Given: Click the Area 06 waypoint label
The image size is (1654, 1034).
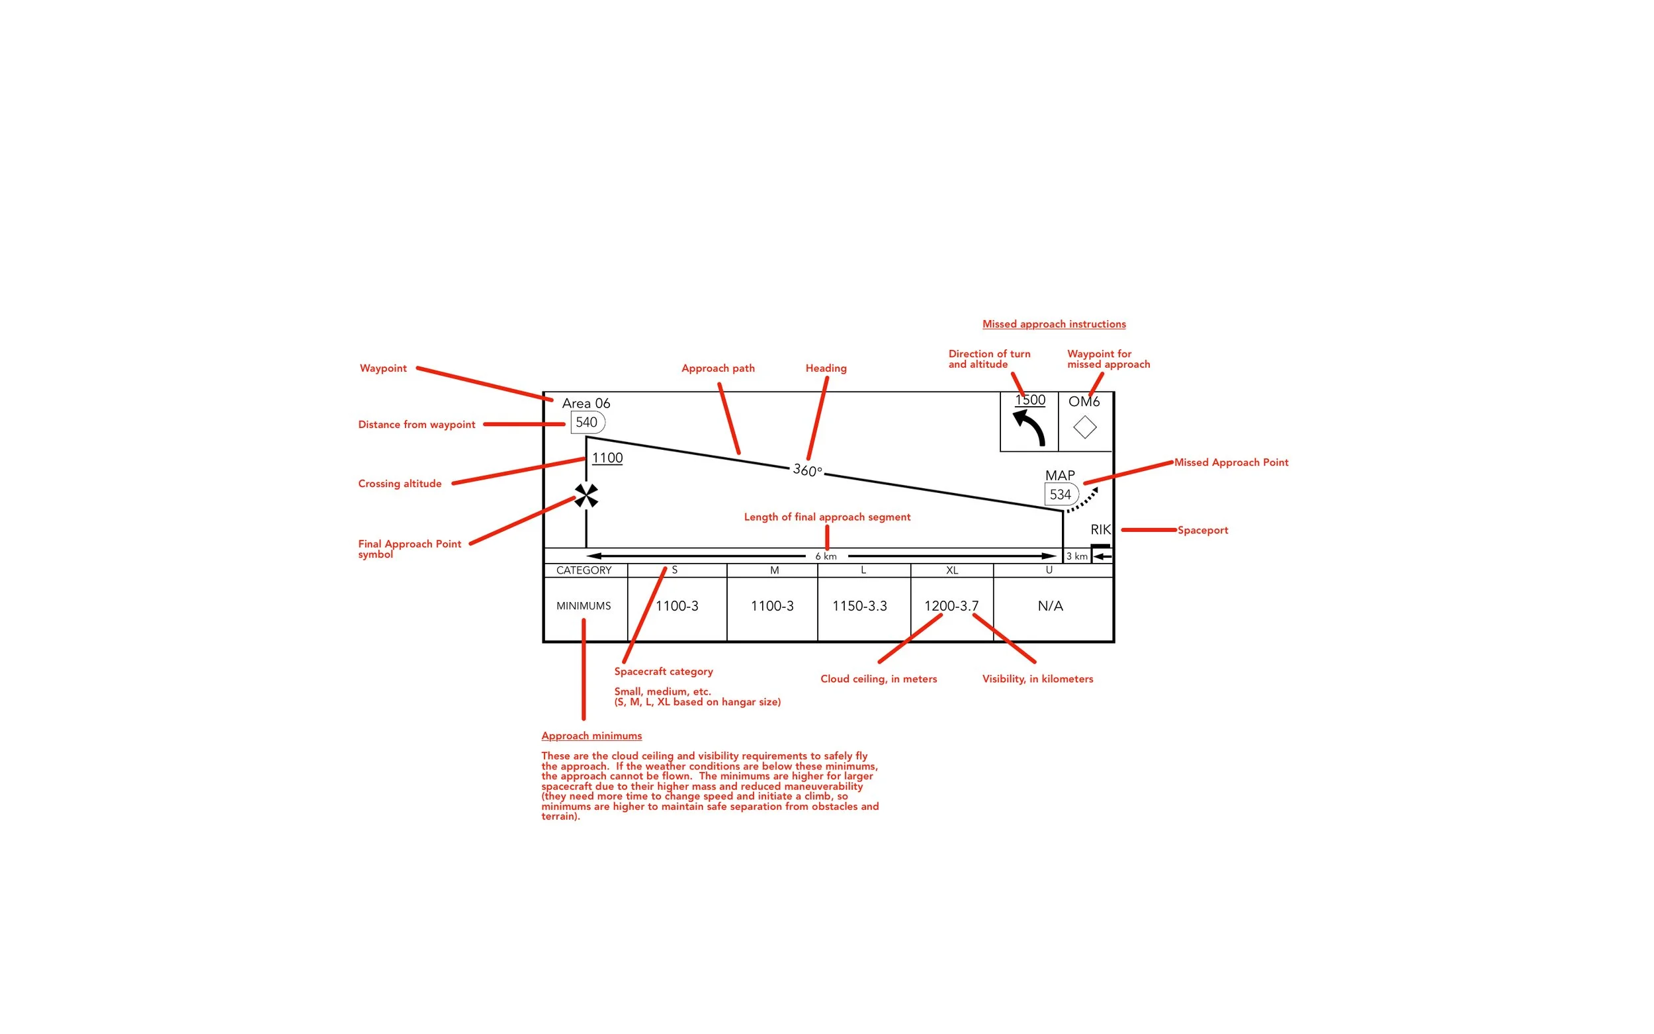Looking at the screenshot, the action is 586,404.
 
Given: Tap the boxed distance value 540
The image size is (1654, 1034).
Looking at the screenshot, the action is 587,422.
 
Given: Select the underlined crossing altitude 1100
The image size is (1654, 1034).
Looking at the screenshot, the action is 607,458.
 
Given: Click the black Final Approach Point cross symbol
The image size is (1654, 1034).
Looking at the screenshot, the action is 586,495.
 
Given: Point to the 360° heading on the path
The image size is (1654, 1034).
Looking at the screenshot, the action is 807,470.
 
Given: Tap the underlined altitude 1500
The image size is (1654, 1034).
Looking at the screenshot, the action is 1029,400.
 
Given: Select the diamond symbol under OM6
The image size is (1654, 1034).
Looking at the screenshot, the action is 1084,427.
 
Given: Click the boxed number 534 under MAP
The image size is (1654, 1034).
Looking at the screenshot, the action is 1060,494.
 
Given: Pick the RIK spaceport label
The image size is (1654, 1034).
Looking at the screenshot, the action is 1100,529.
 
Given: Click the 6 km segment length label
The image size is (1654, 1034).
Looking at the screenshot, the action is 825,556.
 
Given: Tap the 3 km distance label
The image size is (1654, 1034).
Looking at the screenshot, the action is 1076,556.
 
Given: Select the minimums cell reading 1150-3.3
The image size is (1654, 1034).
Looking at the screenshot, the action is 859,606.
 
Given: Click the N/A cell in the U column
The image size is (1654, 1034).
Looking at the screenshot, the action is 1050,606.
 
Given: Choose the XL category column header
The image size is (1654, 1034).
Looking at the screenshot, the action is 952,570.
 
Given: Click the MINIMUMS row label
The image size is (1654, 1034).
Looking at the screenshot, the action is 584,606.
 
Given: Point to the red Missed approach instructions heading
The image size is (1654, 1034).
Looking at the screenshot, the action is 1054,324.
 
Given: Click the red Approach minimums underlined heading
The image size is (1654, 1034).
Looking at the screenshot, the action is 591,736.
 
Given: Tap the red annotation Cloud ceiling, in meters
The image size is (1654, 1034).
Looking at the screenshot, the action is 879,679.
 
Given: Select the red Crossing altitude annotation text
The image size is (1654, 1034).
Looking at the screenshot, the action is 400,484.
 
